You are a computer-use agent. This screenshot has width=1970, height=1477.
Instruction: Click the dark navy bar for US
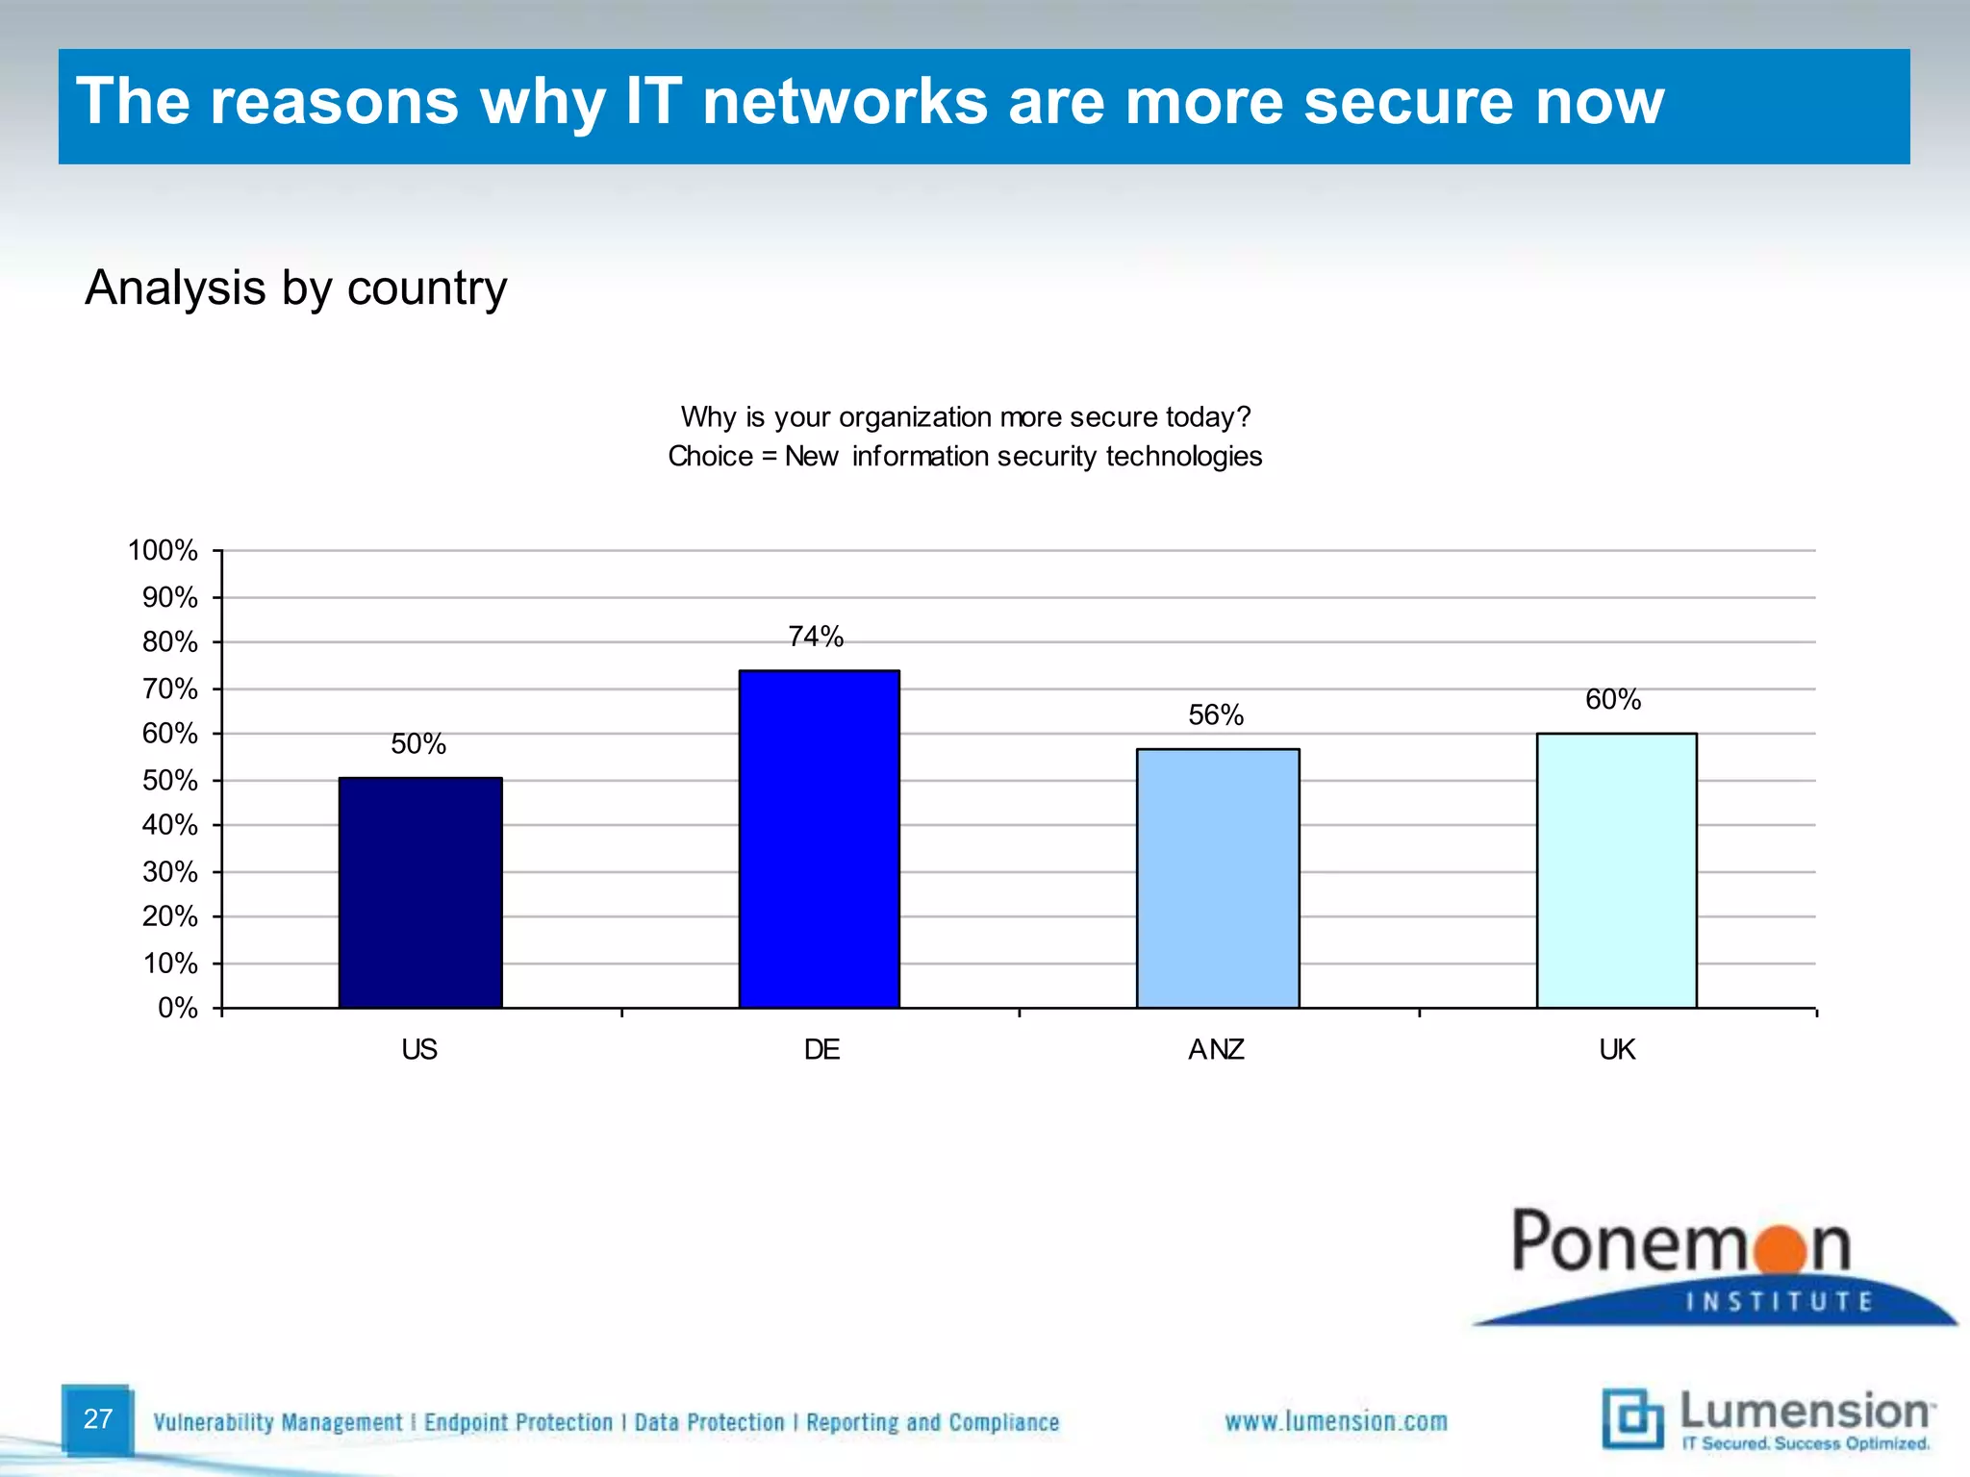tap(420, 892)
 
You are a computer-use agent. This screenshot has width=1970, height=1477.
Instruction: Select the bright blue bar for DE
tap(819, 839)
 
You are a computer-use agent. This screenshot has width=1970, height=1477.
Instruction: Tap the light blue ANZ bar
tap(1217, 878)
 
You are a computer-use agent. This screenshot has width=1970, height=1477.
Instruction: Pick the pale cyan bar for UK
tap(1616, 870)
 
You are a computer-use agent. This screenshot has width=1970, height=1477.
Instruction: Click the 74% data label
tap(816, 637)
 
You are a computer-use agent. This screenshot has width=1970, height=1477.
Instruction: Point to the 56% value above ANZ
tap(1216, 715)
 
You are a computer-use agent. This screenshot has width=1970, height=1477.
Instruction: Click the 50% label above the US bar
tap(418, 744)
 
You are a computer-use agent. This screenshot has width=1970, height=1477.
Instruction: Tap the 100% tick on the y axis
tap(163, 551)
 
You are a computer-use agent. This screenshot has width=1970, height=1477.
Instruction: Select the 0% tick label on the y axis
tap(178, 1008)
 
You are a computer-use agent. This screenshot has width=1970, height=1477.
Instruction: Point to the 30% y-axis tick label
tap(170, 872)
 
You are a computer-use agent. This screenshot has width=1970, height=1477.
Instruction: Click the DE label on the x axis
tap(821, 1049)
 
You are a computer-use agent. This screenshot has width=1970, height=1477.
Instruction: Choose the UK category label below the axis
tap(1617, 1049)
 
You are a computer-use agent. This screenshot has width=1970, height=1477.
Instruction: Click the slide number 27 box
tap(97, 1419)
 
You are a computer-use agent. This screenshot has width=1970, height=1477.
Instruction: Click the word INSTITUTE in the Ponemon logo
tap(1780, 1302)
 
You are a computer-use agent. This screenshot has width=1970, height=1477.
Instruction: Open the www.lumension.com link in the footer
tap(1336, 1421)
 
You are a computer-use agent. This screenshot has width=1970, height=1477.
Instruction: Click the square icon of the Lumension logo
tap(1632, 1419)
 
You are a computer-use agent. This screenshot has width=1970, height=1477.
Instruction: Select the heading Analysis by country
tap(296, 288)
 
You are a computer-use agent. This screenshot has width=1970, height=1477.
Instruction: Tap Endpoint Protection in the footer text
tap(518, 1422)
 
